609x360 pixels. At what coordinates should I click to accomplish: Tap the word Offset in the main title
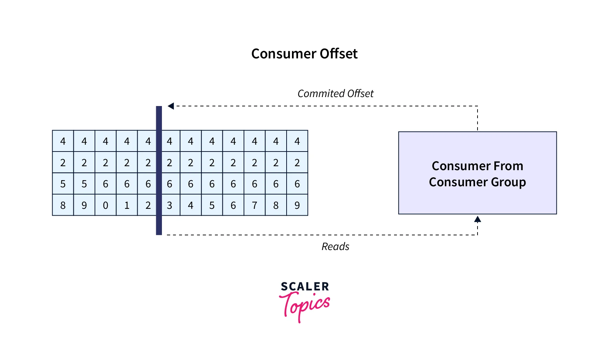pos(339,54)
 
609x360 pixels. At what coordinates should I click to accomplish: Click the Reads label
pos(335,246)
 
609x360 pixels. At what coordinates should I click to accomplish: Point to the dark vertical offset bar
pos(159,170)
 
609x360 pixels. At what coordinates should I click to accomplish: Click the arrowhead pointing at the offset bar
pos(171,106)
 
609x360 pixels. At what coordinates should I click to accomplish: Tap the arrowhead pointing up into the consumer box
pos(478,219)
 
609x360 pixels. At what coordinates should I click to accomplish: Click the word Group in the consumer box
pos(508,182)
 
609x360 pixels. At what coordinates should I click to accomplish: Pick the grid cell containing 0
pos(106,205)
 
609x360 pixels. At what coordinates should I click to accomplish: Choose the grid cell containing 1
pos(127,205)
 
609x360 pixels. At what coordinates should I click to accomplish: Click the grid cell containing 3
pos(170,205)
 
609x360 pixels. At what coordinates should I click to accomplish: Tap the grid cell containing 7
pos(255,205)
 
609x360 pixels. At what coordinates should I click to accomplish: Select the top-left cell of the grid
pos(63,141)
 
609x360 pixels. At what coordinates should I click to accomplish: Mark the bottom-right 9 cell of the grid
pos(297,205)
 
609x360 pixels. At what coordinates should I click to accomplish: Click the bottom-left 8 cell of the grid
pos(63,205)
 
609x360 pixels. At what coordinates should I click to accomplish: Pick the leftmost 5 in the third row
pos(63,184)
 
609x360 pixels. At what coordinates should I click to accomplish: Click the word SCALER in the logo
pos(305,287)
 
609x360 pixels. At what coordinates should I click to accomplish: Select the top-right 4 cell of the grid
pos(297,141)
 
